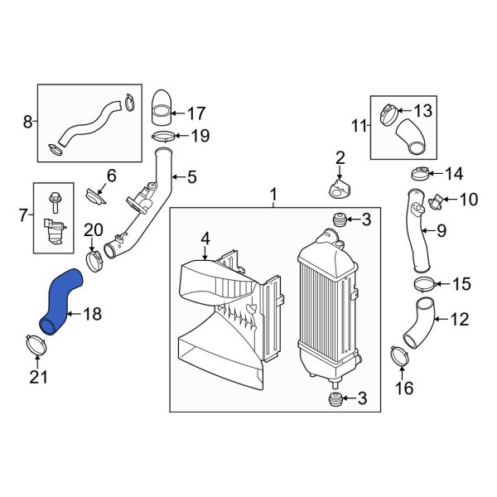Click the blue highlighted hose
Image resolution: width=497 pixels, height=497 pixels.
tap(60, 302)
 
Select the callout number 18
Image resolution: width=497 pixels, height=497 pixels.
tap(92, 314)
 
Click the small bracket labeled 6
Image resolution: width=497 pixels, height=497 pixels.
tap(95, 197)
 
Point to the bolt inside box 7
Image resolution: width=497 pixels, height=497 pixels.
tap(55, 202)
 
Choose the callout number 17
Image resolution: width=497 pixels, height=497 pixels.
tap(196, 113)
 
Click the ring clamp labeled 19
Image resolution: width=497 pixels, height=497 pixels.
tap(163, 137)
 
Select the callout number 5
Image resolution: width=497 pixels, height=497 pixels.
tap(192, 176)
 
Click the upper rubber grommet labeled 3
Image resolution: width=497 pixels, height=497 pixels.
tap(339, 219)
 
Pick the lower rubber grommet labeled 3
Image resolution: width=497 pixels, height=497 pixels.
tap(335, 399)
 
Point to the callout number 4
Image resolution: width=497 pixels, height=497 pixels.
tap(205, 239)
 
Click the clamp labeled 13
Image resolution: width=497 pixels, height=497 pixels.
tap(389, 115)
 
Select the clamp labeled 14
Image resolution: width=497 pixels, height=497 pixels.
tap(421, 174)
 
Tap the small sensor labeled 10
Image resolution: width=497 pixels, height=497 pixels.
tap(437, 202)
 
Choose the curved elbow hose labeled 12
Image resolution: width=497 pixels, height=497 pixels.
tap(419, 322)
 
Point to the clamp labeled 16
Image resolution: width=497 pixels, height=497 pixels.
tap(399, 357)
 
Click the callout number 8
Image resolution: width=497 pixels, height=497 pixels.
tap(27, 122)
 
